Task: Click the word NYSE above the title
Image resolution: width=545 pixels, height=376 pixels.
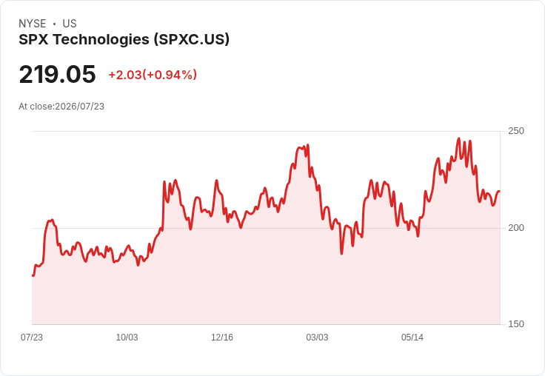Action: point(33,24)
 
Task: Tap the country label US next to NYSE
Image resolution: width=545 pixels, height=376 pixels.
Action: point(70,24)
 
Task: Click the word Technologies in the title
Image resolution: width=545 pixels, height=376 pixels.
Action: point(101,40)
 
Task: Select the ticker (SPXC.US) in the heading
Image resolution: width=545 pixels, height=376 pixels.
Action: point(192,39)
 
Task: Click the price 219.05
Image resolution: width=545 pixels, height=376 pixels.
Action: point(57,74)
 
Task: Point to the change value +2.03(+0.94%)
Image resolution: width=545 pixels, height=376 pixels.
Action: point(153,75)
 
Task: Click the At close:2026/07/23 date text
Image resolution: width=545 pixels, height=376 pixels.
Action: point(61,107)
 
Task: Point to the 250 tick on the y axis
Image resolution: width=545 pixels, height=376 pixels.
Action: point(516,131)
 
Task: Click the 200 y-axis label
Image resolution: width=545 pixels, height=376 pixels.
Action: point(516,228)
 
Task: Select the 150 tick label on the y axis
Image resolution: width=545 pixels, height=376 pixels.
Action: point(516,324)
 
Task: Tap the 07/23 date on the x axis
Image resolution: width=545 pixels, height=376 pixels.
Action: point(32,337)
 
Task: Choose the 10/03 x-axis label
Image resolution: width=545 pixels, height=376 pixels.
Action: point(127,337)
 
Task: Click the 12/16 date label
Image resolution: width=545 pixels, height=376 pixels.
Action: point(222,337)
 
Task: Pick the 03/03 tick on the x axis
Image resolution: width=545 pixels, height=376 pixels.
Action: point(317,337)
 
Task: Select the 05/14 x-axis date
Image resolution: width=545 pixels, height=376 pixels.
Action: point(412,337)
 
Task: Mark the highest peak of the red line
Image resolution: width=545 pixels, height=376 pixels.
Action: point(459,138)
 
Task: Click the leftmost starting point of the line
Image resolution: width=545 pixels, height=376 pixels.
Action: point(33,275)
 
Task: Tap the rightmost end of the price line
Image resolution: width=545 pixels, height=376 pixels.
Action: point(500,192)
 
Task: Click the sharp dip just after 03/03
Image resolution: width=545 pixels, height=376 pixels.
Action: point(341,254)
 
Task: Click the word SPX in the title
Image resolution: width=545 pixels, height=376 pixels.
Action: point(33,40)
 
